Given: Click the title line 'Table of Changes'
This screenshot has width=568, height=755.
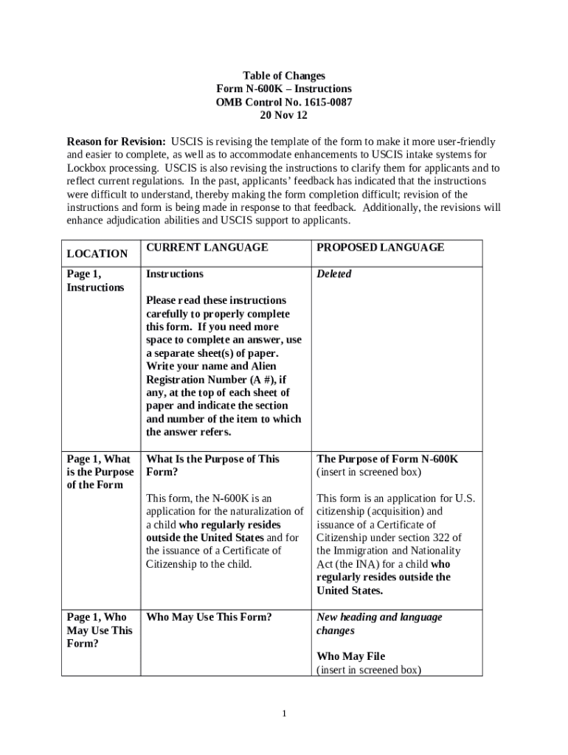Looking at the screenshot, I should [x=284, y=76].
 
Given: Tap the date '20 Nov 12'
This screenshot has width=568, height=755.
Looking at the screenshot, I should [x=284, y=116].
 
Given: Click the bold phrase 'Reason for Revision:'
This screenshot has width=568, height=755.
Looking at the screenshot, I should [x=117, y=142].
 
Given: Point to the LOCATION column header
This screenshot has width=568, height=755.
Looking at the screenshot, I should [x=97, y=254].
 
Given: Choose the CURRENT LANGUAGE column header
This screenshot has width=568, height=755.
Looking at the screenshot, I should [x=207, y=248].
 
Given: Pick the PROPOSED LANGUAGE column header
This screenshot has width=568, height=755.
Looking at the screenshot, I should [x=381, y=248].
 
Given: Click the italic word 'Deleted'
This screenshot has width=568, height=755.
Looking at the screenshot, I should [x=334, y=274].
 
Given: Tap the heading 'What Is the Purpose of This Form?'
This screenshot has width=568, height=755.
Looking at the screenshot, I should [x=212, y=465].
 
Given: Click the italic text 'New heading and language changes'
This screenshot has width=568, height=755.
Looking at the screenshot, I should [x=379, y=624].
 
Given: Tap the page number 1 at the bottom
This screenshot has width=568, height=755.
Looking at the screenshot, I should [x=284, y=714].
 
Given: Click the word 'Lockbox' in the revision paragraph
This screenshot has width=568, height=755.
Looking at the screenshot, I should [x=86, y=168].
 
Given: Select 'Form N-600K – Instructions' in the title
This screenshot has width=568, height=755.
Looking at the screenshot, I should [x=284, y=89].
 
